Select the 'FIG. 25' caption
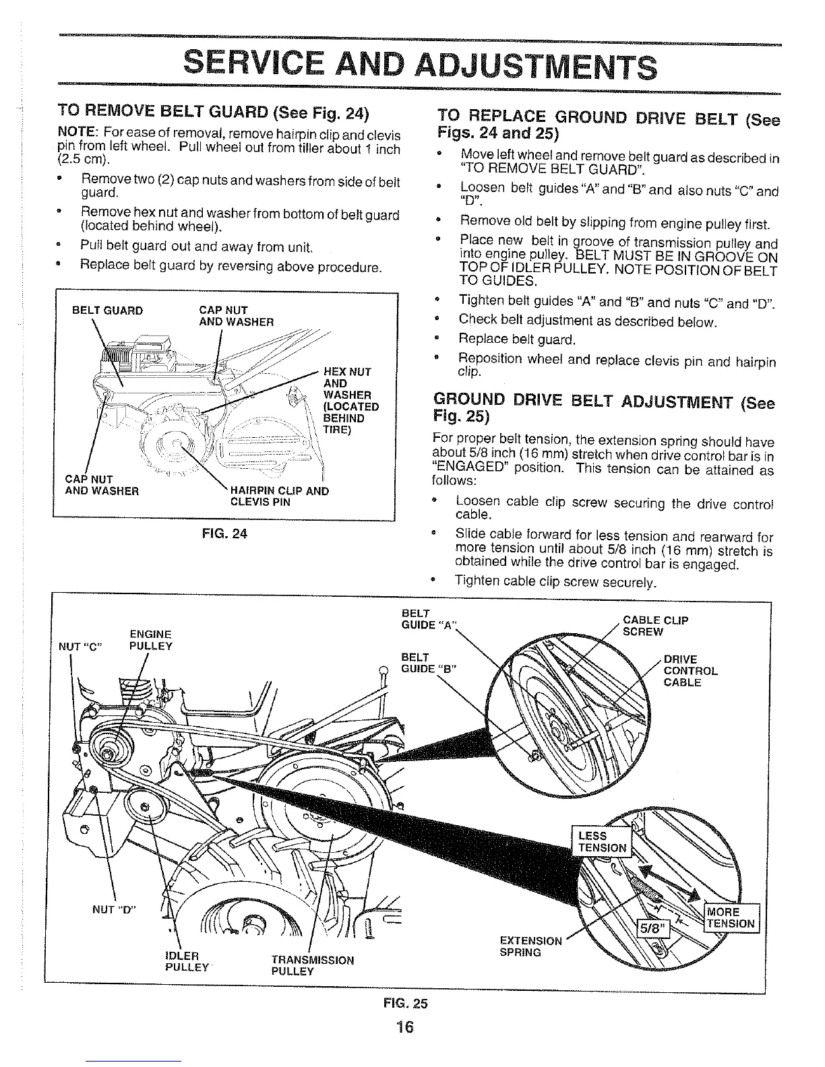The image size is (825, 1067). click(x=410, y=1002)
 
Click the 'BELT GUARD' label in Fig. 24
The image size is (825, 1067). click(x=108, y=311)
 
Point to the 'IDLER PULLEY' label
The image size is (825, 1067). click(x=182, y=961)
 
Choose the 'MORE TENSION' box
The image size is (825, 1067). click(x=731, y=917)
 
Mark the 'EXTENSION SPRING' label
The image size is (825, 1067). click(x=530, y=946)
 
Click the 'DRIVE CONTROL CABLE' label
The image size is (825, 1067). click(x=690, y=671)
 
